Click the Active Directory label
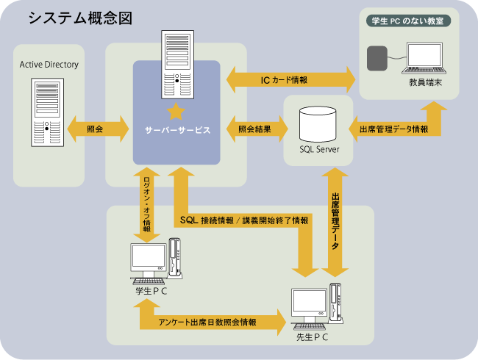[49, 65]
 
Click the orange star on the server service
[176, 112]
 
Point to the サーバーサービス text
[177, 129]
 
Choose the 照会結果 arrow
[254, 129]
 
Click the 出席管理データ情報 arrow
[393, 129]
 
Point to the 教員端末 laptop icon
[426, 59]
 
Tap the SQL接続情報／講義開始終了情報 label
[243, 220]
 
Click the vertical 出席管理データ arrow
[335, 220]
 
